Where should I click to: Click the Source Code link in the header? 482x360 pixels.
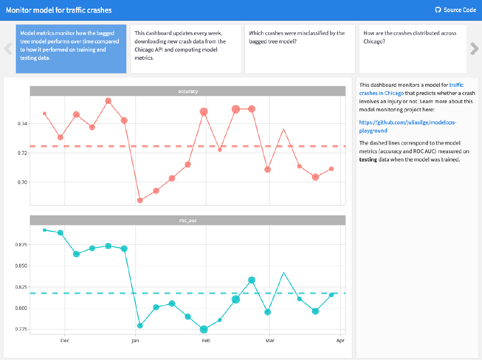click(455, 10)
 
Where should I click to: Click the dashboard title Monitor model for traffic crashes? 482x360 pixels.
click(59, 10)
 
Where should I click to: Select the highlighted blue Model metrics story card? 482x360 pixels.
click(71, 49)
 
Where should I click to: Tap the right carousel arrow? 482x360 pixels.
click(474, 48)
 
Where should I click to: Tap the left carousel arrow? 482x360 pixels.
click(8, 48)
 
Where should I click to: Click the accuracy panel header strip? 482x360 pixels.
click(187, 91)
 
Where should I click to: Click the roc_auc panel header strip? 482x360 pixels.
click(187, 220)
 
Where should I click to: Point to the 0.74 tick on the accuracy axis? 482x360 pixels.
click(21, 124)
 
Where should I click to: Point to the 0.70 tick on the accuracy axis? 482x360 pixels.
click(21, 182)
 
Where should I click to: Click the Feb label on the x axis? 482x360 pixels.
click(206, 341)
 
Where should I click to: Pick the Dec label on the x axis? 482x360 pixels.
click(65, 341)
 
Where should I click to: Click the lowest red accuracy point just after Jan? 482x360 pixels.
click(140, 200)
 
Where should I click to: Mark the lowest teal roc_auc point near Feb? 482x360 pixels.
click(203, 329)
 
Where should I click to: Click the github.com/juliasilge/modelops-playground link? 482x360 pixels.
click(408, 126)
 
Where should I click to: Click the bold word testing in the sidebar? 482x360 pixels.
click(369, 159)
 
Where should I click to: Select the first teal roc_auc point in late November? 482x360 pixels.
click(44, 230)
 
